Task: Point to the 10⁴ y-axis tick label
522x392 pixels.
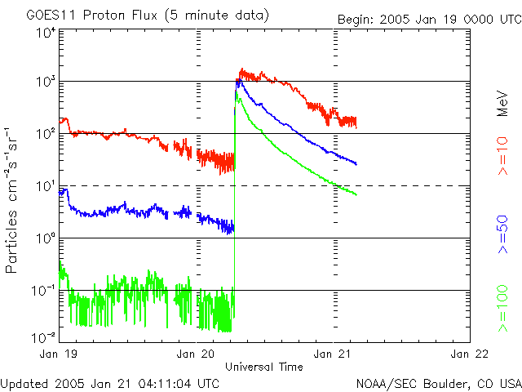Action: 45,33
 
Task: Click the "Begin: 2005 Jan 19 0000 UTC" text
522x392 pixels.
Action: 428,18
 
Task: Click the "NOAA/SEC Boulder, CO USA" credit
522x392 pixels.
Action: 438,382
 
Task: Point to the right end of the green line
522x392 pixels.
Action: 356,194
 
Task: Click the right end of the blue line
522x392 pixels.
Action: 356,164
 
